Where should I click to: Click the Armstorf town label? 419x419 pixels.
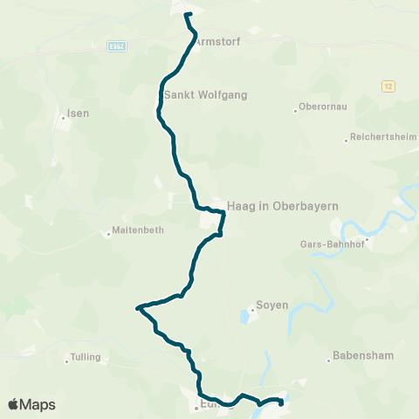click(217, 41)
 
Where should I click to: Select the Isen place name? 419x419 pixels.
click(79, 113)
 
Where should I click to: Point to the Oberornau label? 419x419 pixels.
click(324, 110)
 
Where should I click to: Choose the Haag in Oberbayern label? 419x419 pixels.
click(282, 205)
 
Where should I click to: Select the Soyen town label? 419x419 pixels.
click(270, 306)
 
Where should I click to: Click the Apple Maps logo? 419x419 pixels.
click(31, 404)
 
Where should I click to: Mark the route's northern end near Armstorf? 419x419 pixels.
click(187, 14)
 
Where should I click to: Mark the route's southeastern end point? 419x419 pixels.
click(280, 402)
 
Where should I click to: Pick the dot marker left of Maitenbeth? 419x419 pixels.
click(108, 232)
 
